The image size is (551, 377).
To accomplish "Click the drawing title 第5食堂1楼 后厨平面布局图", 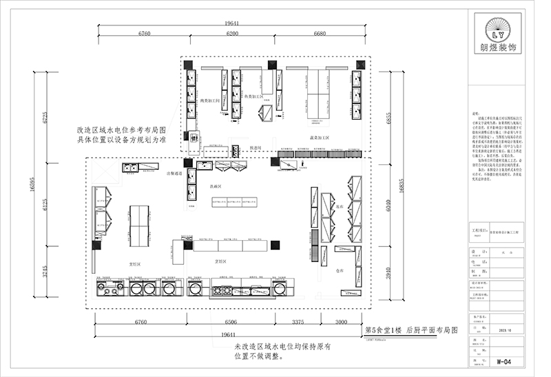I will [x=411, y=330].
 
